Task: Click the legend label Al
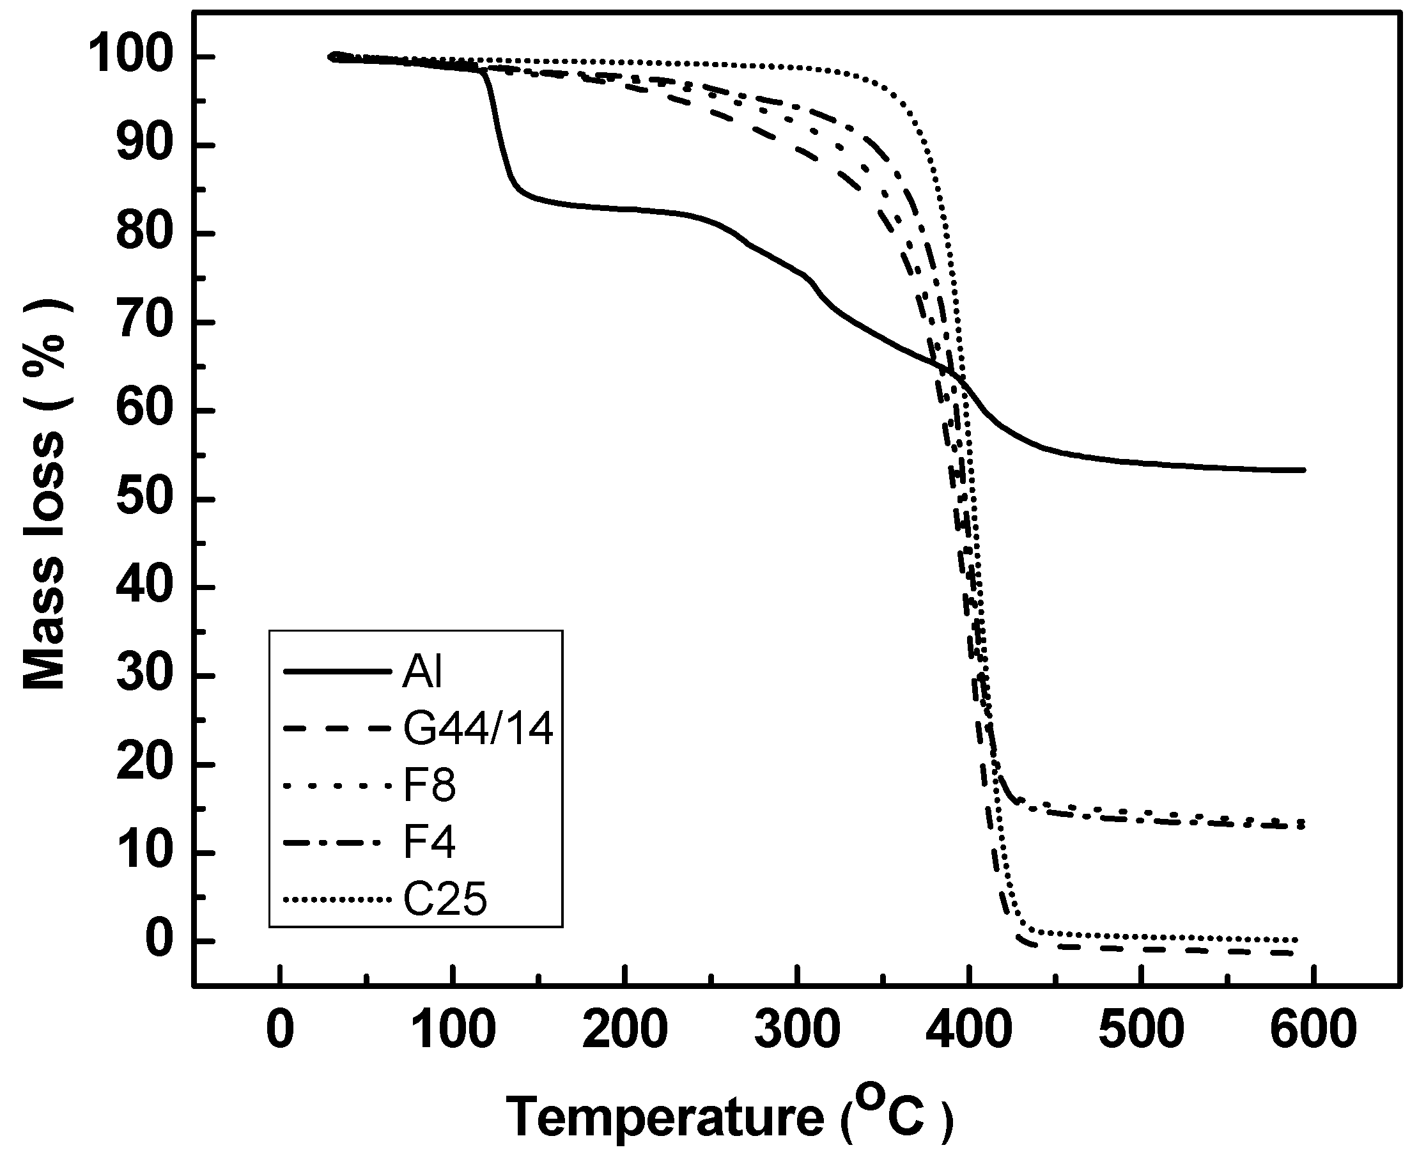click(422, 671)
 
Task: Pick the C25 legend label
click(446, 899)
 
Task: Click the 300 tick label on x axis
click(797, 1028)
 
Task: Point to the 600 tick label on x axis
click(1313, 1028)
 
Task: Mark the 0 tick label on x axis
click(280, 1028)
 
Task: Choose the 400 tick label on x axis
click(970, 1028)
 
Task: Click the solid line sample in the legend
click(336, 671)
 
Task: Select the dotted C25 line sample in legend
click(336, 900)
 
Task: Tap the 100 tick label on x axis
click(453, 1028)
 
